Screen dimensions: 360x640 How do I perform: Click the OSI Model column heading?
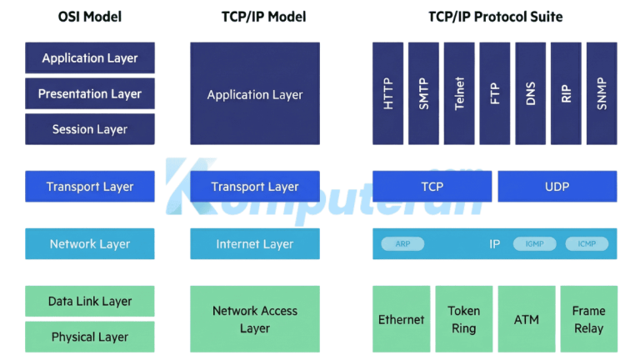coord(89,17)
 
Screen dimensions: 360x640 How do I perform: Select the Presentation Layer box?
coord(90,94)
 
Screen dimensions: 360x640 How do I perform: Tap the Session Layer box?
coord(90,129)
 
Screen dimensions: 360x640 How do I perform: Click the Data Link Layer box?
coord(90,301)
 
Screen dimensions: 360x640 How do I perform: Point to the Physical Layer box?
coord(90,337)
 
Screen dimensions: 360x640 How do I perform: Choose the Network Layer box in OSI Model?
coord(90,244)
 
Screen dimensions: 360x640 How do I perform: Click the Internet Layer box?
coord(254,244)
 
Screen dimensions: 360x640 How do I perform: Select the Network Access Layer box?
coord(254,319)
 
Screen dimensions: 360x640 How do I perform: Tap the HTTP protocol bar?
coord(387,93)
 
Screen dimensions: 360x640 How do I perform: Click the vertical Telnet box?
coord(459,93)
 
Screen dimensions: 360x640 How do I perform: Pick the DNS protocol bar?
coord(531,93)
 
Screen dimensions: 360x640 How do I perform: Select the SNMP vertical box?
coord(602,93)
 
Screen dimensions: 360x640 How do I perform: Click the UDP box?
coord(557,187)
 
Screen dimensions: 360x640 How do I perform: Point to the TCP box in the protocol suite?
coord(432,187)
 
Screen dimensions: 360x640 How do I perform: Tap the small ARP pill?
coord(402,244)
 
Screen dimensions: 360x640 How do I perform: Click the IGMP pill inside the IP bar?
coord(534,244)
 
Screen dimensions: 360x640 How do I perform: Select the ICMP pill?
coord(587,244)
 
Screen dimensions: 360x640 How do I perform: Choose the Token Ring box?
coord(463,319)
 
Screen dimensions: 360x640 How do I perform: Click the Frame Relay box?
coord(588,319)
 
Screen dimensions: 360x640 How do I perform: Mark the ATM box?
coord(527,319)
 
